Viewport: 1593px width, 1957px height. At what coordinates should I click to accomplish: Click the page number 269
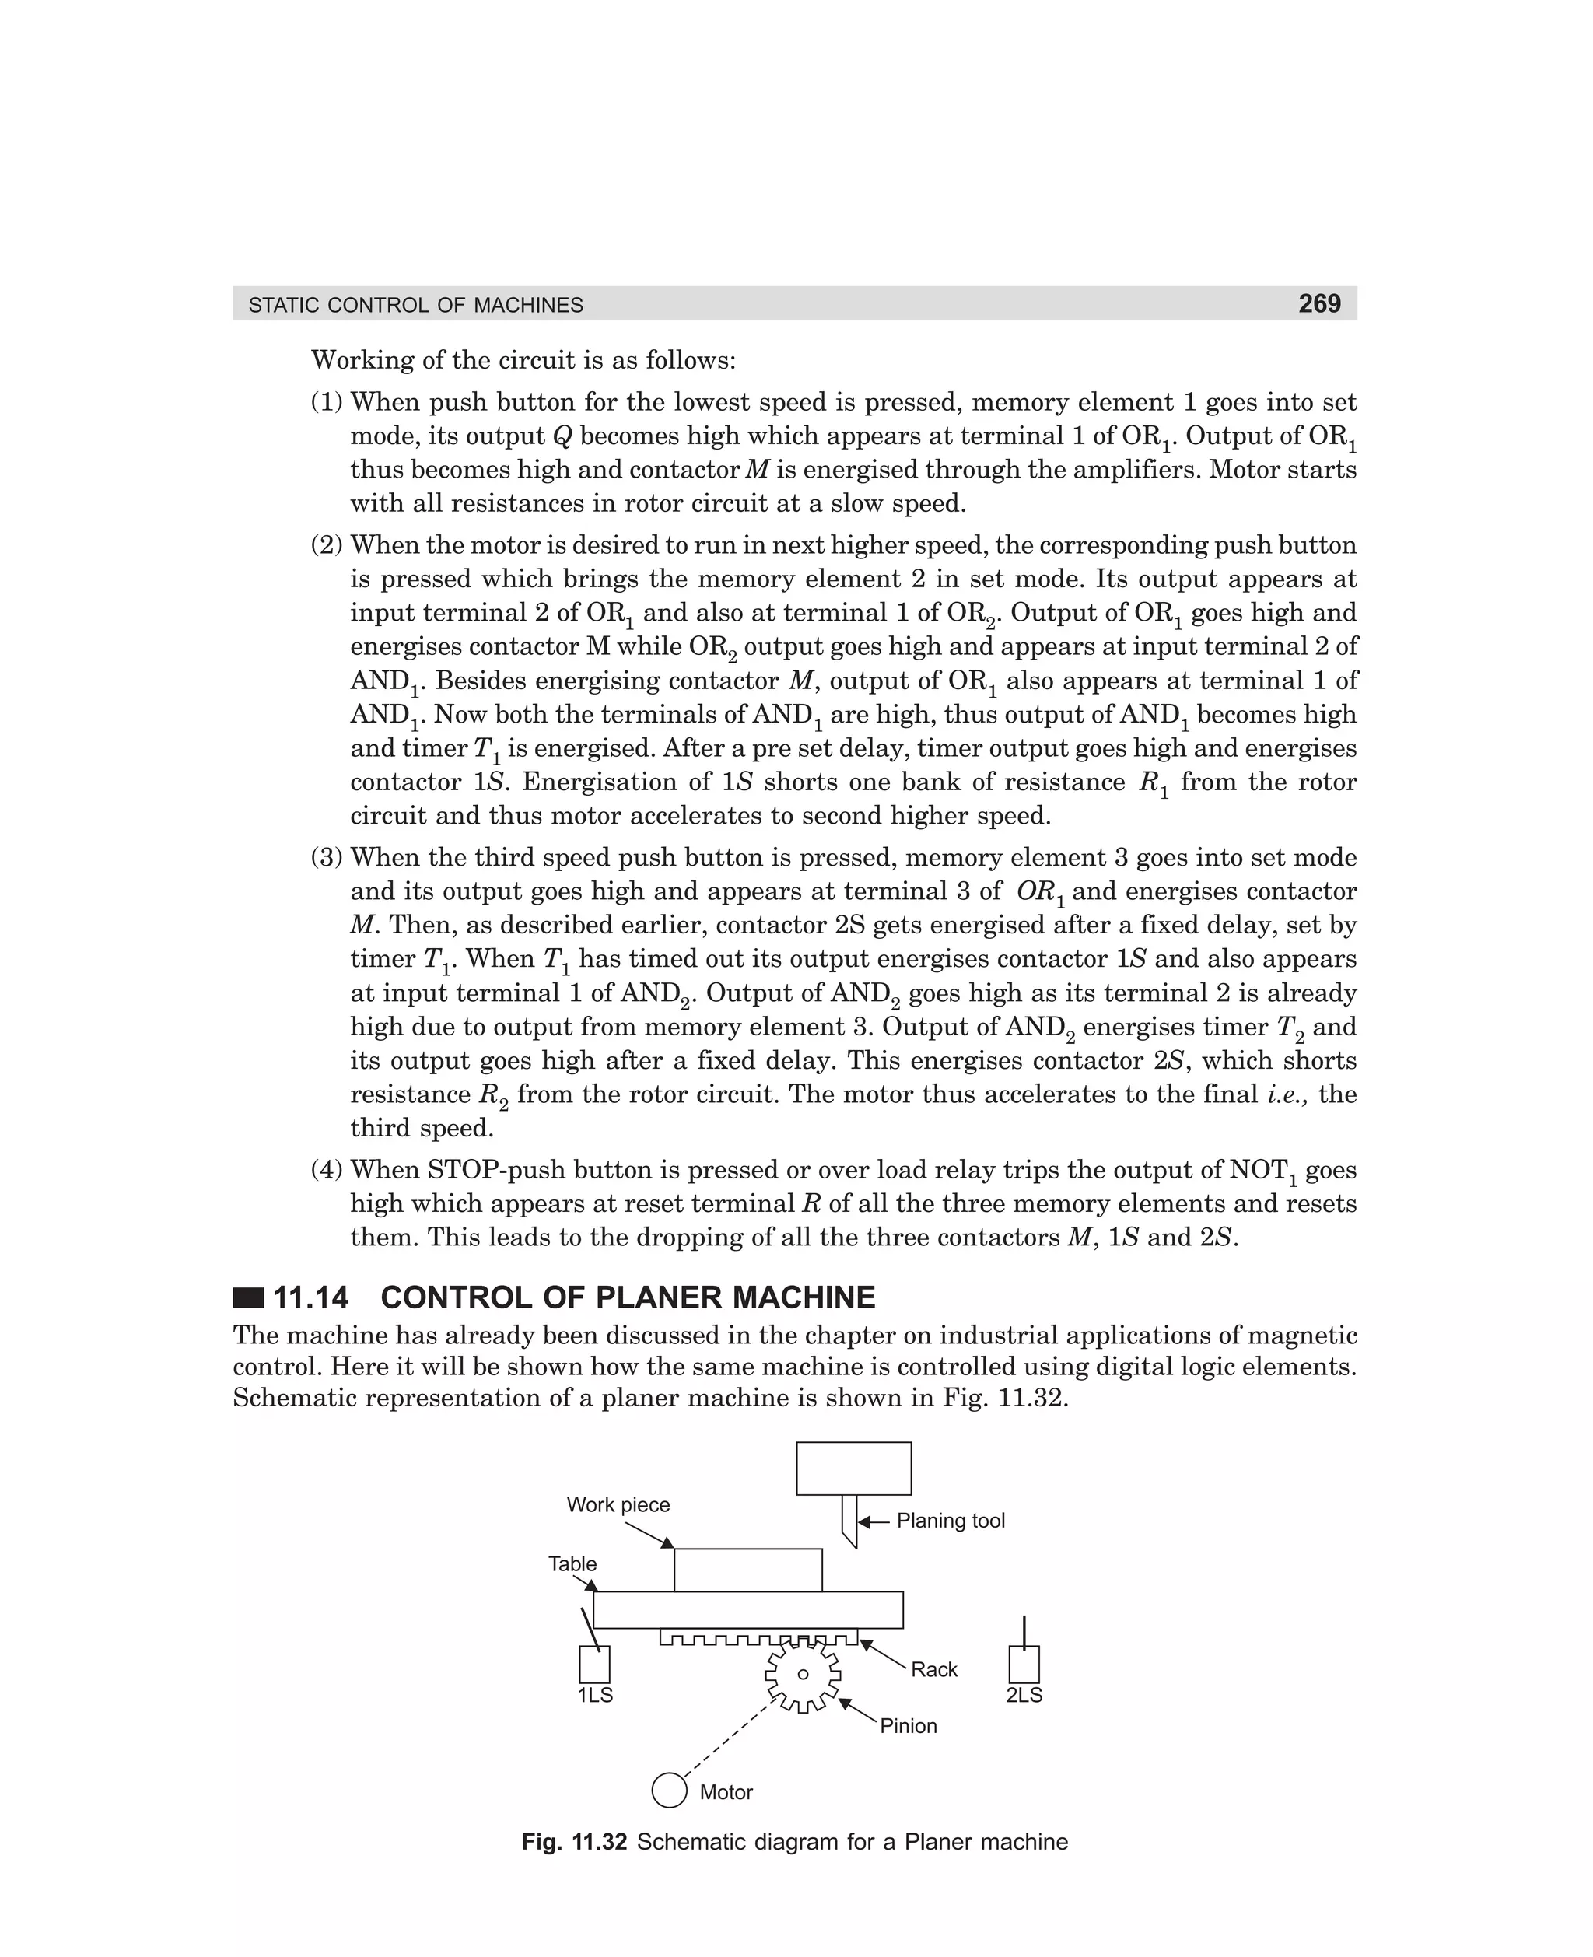[1318, 303]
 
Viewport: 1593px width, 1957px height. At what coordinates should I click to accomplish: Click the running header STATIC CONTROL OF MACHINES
[415, 306]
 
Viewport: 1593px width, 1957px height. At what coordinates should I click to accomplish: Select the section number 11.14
[311, 1297]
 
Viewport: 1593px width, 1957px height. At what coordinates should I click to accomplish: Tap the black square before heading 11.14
[248, 1298]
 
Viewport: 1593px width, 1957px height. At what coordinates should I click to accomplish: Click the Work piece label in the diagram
[618, 1504]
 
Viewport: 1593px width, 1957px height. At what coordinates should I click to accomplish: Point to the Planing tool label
[951, 1521]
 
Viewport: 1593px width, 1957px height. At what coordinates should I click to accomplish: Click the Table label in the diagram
[572, 1564]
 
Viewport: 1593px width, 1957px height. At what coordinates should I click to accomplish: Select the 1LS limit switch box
[594, 1665]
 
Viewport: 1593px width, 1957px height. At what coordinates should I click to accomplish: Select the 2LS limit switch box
[1024, 1665]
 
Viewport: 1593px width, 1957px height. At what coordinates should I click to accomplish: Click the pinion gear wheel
[803, 1675]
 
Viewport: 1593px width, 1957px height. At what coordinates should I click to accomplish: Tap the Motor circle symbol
[669, 1790]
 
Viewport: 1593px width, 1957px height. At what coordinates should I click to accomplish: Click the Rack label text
[934, 1670]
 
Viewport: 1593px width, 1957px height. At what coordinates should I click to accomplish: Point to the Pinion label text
[909, 1726]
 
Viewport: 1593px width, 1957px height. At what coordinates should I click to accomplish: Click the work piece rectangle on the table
[747, 1570]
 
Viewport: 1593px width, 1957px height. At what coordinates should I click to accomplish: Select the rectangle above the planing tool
[853, 1468]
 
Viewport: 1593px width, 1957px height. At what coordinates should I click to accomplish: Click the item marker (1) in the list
[327, 402]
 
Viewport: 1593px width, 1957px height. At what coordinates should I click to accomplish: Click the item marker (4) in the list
[327, 1170]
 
